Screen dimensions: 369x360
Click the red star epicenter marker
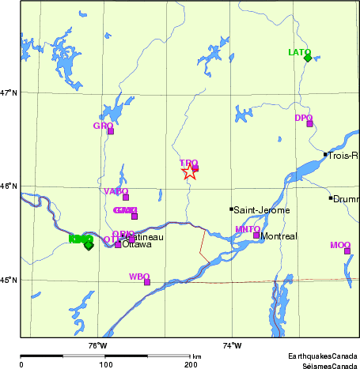pyautogui.click(x=189, y=171)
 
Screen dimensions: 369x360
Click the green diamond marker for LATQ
pyautogui.click(x=308, y=57)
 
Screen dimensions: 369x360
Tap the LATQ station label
pyautogui.click(x=299, y=52)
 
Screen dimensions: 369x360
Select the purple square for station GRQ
pyautogui.click(x=111, y=131)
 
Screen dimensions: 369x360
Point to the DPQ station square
pyautogui.click(x=309, y=123)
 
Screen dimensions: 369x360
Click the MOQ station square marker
pyautogui.click(x=347, y=251)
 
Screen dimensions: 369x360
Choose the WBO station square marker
pyautogui.click(x=147, y=282)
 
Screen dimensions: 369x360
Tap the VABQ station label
pyautogui.click(x=116, y=191)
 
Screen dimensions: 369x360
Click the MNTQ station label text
pyautogui.click(x=248, y=229)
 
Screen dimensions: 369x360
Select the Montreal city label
pyautogui.click(x=279, y=237)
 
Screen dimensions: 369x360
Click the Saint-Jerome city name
pyautogui.click(x=261, y=210)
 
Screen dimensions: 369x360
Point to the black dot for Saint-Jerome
pyautogui.click(x=231, y=209)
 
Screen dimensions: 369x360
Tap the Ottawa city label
pyautogui.click(x=135, y=244)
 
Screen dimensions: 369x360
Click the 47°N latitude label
pyautogui.click(x=9, y=93)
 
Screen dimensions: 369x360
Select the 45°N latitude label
pyautogui.click(x=9, y=280)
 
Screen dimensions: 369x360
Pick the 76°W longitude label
pyautogui.click(x=97, y=345)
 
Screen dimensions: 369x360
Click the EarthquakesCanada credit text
pyautogui.click(x=322, y=356)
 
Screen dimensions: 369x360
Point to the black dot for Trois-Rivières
pyautogui.click(x=325, y=155)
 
